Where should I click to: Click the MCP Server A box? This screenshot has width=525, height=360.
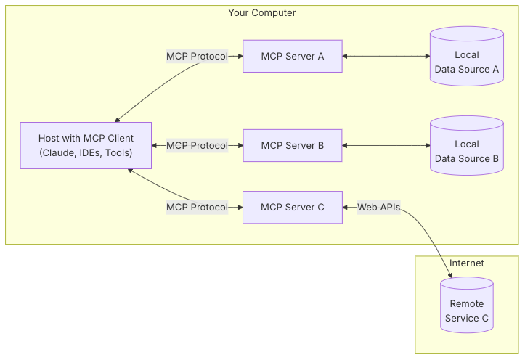(x=292, y=56)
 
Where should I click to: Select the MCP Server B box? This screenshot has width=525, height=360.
(x=292, y=145)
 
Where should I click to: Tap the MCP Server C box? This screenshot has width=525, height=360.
(x=292, y=207)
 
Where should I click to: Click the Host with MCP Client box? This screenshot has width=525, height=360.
(x=86, y=145)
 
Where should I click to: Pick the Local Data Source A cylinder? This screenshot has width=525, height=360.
(x=466, y=62)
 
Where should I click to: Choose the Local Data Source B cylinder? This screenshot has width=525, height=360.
(x=466, y=151)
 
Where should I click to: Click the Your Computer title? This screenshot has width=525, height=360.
(x=262, y=13)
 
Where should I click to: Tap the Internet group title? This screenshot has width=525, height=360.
(x=466, y=263)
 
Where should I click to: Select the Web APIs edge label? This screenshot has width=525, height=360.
(x=378, y=207)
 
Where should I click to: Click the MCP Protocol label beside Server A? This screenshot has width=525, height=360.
(x=197, y=56)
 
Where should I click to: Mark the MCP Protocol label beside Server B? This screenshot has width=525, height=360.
(x=197, y=145)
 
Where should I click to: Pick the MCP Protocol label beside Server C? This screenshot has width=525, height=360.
(x=197, y=207)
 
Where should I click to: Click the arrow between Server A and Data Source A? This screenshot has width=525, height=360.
(x=386, y=56)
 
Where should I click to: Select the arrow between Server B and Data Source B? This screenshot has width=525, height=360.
(x=386, y=145)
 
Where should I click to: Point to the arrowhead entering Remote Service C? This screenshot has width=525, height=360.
(x=452, y=275)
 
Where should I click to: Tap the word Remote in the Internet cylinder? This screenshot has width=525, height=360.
(x=466, y=304)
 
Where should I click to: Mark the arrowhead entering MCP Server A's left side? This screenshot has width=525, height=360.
(x=239, y=56)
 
